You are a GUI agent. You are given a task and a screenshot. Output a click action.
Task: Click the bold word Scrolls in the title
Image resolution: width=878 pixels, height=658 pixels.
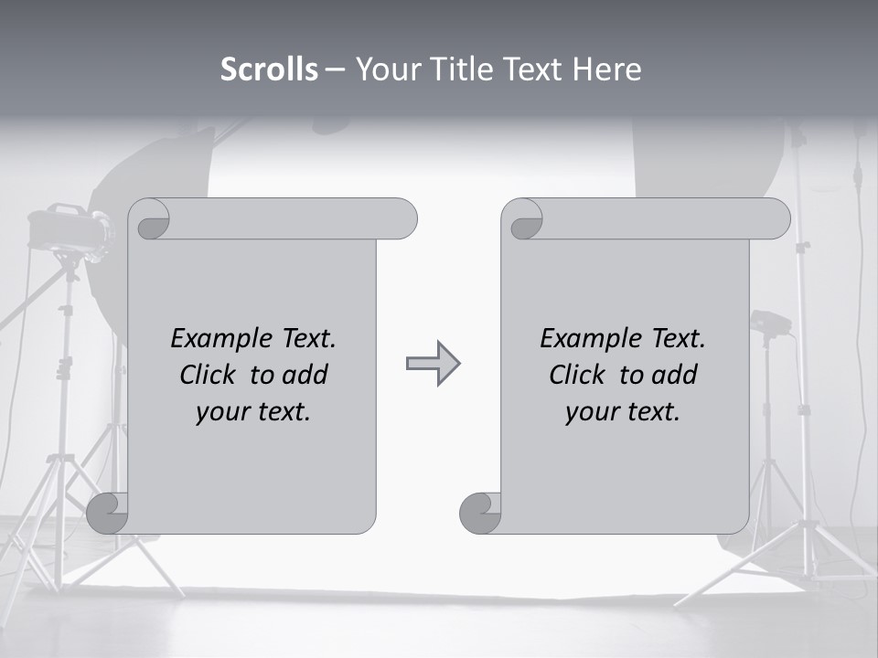point(269,69)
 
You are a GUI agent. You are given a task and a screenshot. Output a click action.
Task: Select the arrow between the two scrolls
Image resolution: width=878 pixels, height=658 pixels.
point(433,364)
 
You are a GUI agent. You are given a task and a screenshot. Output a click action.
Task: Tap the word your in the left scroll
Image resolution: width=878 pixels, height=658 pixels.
point(220,412)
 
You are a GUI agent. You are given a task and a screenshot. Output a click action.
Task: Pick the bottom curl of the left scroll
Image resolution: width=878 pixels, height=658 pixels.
point(108,512)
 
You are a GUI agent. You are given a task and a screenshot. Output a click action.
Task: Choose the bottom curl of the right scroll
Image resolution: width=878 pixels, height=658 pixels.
point(480,512)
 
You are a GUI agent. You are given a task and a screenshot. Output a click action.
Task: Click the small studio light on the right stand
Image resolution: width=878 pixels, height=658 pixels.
point(769,323)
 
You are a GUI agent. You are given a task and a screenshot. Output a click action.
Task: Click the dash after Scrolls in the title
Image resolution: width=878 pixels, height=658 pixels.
point(335,69)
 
